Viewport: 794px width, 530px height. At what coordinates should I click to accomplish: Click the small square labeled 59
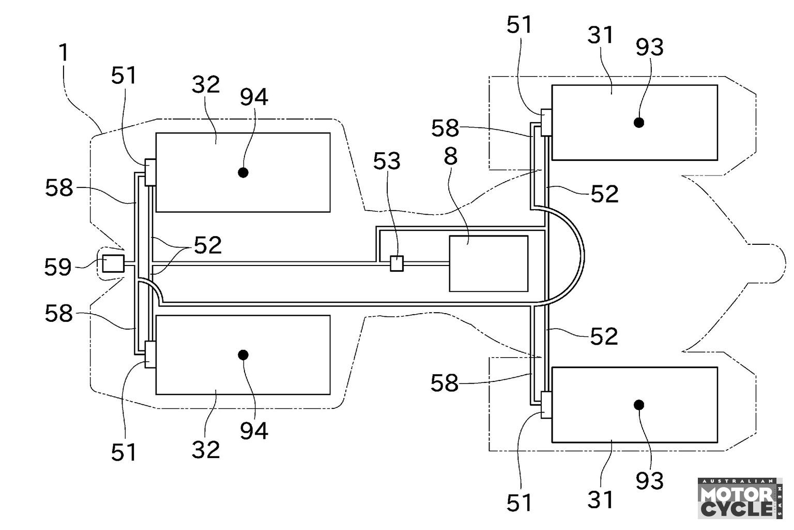click(113, 263)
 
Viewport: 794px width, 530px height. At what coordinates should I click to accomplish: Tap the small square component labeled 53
click(396, 263)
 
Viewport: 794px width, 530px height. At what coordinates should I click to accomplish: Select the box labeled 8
click(489, 264)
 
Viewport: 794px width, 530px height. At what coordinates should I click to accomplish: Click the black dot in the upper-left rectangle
click(243, 172)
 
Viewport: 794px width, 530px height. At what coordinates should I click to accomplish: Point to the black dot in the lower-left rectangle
click(243, 355)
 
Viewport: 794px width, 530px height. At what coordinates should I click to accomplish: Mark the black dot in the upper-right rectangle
click(639, 123)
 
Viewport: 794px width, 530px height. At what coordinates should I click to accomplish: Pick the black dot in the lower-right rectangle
click(639, 405)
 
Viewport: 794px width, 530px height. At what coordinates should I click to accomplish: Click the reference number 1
click(64, 52)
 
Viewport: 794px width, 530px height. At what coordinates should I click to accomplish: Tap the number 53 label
click(387, 161)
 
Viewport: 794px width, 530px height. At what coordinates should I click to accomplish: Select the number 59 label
click(58, 267)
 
